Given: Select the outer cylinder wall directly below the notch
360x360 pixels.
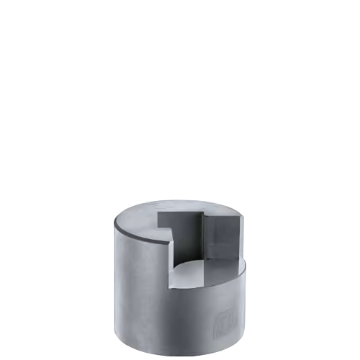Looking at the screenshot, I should coord(205,317).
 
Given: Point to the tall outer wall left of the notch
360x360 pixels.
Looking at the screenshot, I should coord(140,288).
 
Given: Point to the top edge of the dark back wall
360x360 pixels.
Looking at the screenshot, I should coord(180,212).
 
